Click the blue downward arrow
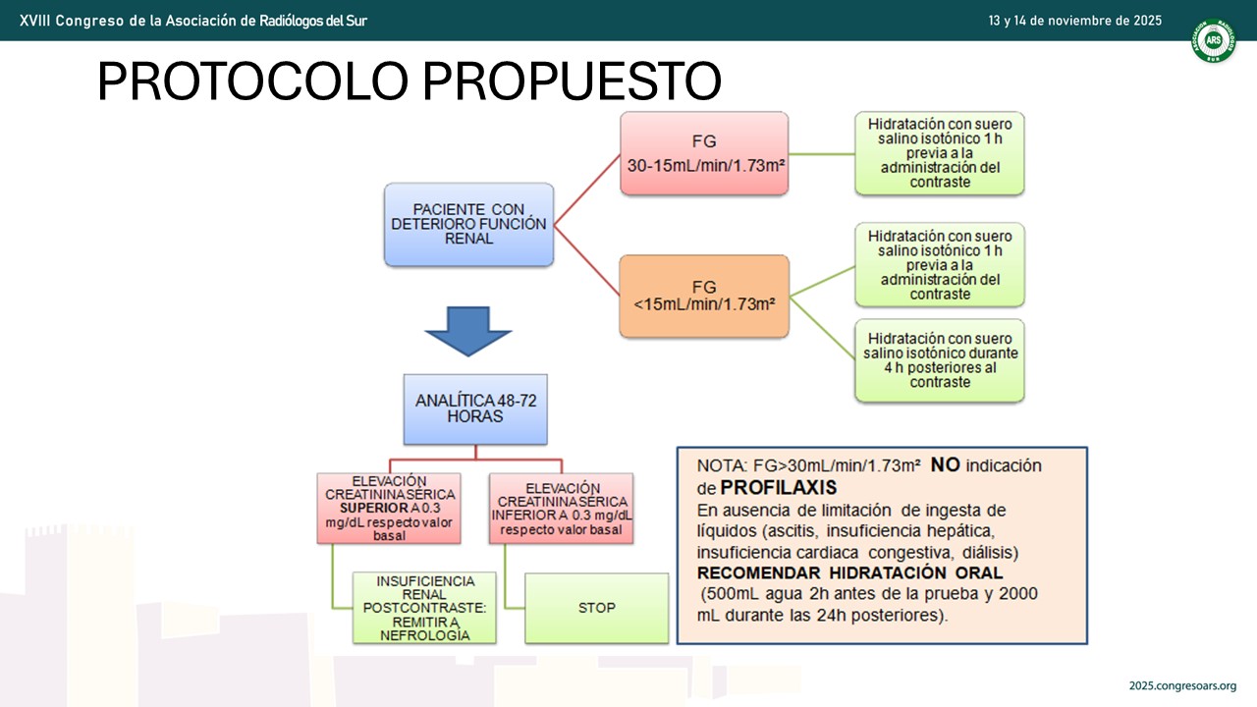pos(468,331)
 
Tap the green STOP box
pos(596,608)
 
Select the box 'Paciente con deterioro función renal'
pos(468,224)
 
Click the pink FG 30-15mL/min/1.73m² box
pos(704,153)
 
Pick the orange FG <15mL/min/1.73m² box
pos(704,297)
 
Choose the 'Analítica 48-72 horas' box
pos(475,409)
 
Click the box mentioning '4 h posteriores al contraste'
pos(940,360)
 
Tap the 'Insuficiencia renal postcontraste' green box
pos(424,608)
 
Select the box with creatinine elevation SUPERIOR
pos(389,509)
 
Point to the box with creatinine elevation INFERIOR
pos(561,509)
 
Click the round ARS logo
pos(1213,40)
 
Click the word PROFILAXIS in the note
pos(779,488)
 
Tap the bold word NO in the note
pos(946,464)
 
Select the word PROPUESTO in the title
pos(572,81)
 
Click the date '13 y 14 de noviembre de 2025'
pos(1075,21)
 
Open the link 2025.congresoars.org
pos(1183,685)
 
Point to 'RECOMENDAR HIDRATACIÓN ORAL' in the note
pos(849,572)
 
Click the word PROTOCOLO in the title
pos(252,81)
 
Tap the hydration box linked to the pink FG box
pos(940,153)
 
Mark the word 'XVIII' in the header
pos(34,21)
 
